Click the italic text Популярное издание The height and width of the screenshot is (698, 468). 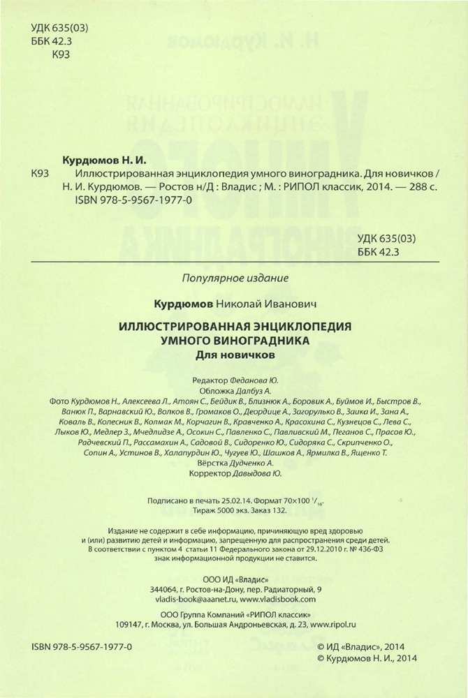click(234, 277)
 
